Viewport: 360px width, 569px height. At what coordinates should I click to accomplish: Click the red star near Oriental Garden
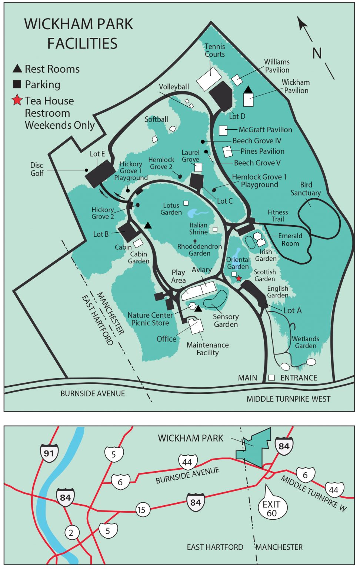coord(239,278)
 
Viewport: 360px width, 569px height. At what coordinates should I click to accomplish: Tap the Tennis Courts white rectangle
coord(209,78)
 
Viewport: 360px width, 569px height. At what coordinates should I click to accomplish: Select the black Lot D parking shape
coord(221,95)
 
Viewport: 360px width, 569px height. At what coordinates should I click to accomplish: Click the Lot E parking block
coord(100,173)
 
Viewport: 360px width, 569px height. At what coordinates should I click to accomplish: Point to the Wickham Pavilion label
coord(296,86)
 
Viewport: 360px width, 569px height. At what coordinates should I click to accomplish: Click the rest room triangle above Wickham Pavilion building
coord(248,89)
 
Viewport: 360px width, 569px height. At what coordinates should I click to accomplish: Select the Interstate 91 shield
coord(49,453)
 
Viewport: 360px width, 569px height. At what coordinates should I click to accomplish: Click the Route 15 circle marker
coord(141,510)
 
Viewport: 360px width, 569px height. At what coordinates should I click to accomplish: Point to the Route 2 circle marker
coord(71,533)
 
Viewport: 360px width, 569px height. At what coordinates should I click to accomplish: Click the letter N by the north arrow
coord(317,53)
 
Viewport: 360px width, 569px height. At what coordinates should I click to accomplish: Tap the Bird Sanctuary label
coord(306,189)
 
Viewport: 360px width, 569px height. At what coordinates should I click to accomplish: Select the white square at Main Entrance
coord(271,377)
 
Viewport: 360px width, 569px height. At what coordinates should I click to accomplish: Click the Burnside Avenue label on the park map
coord(93,393)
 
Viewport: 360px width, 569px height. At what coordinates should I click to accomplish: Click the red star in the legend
coord(17,100)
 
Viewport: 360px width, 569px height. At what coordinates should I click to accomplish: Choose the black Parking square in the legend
coord(17,84)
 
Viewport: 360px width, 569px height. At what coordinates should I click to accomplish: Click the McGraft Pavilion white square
coord(223,130)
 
